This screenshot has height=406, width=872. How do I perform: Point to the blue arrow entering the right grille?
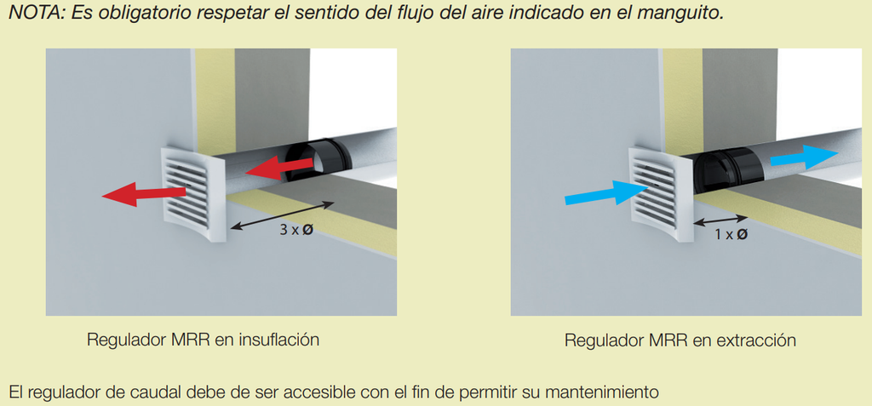[x=606, y=192]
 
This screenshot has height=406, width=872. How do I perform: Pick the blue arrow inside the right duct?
[x=804, y=157]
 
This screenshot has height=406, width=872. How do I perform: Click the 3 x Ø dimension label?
[x=297, y=230]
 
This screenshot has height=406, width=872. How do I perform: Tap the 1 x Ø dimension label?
[x=730, y=235]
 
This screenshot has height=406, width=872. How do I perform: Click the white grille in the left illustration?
[x=192, y=195]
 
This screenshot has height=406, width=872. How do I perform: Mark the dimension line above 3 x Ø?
[x=282, y=216]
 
